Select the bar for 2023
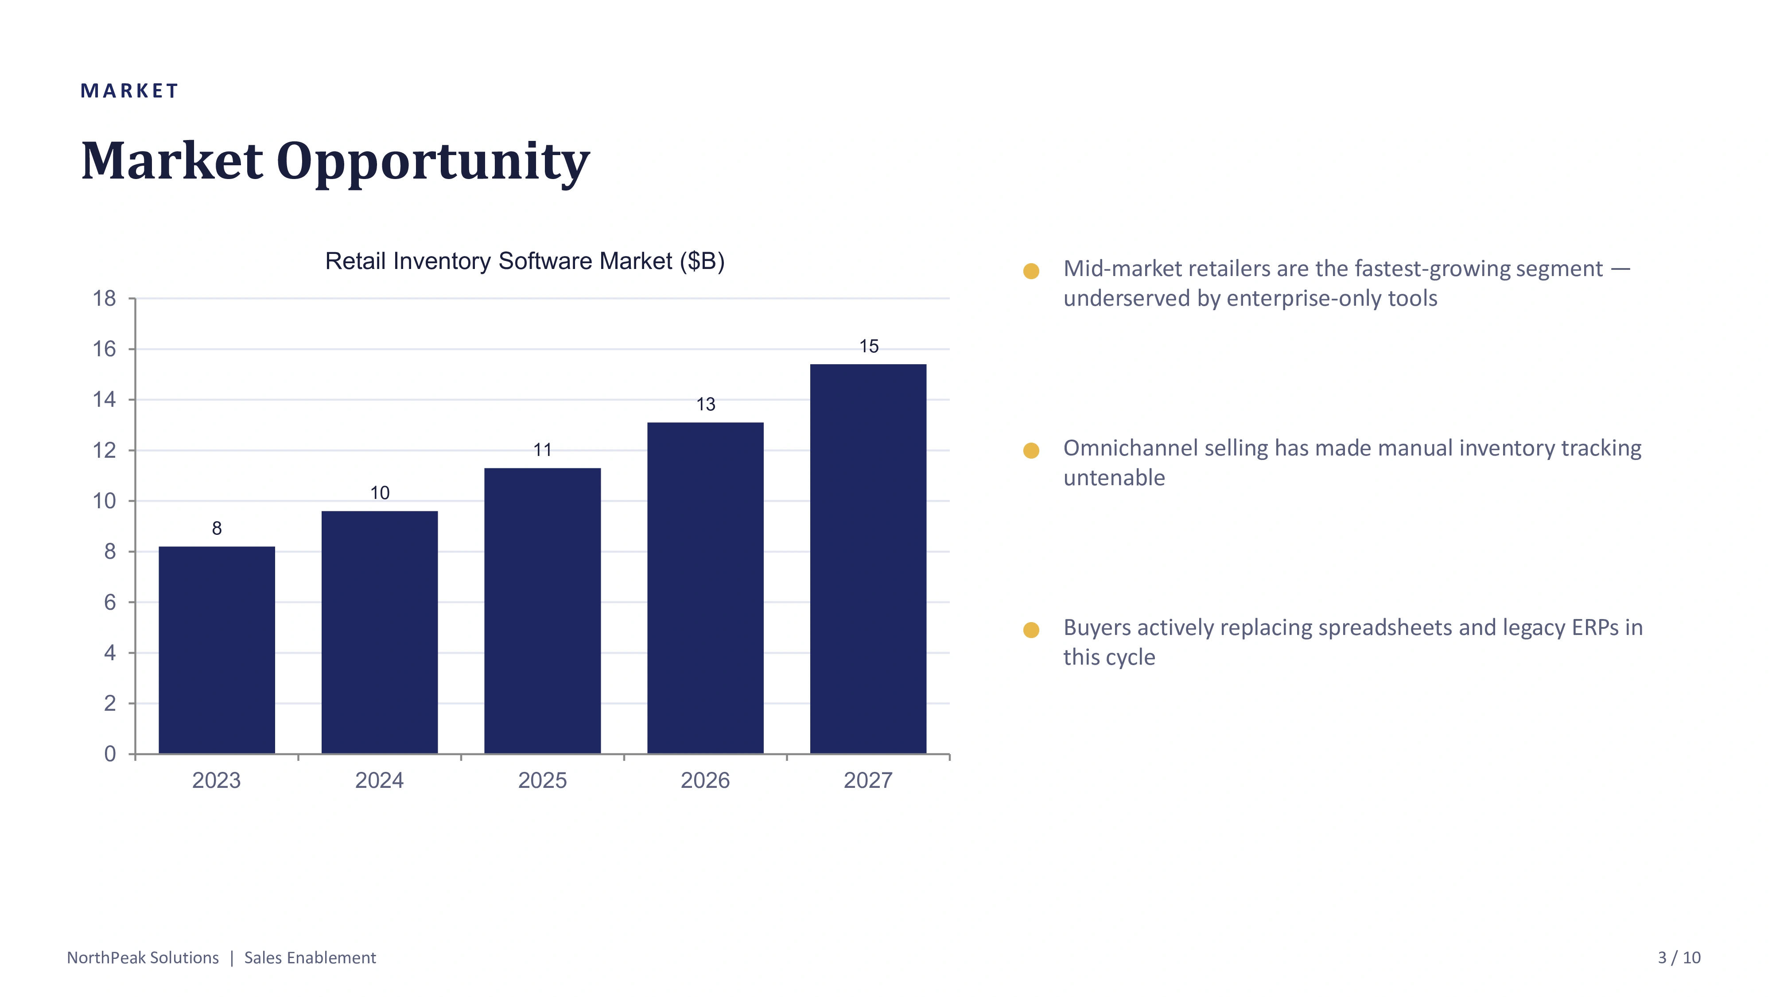(217, 650)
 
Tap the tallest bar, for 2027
(868, 559)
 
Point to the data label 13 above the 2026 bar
(706, 405)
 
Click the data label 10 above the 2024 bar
(380, 493)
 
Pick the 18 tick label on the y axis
(105, 299)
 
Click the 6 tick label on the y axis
(110, 603)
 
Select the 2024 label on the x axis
(379, 780)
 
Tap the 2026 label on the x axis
(705, 780)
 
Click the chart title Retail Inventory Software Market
(498, 261)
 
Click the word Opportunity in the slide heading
(433, 162)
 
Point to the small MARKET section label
(129, 91)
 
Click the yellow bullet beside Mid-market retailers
(1031, 271)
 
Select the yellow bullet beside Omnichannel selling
(1031, 451)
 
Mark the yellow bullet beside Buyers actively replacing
(1031, 630)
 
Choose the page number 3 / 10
(1679, 958)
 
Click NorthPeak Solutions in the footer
(143, 958)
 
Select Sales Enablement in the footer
(310, 958)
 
